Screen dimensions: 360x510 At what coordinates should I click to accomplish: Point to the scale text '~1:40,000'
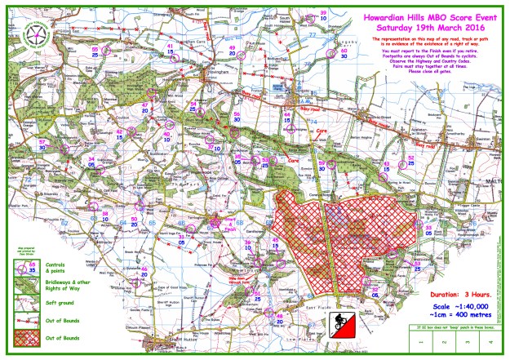coord(457,303)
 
